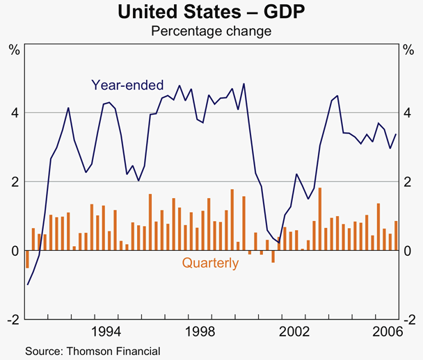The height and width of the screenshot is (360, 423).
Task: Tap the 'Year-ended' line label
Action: coord(127,85)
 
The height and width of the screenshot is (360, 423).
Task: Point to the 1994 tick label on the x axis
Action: coord(106,332)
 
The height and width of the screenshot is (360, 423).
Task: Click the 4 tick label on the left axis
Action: coord(14,113)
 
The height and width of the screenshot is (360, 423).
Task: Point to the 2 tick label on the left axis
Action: coord(14,181)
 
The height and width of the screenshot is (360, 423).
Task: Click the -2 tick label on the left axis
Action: coord(13,320)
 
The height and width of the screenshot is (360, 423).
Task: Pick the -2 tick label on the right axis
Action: coord(410,320)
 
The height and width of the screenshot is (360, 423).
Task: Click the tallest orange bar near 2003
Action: coord(319,219)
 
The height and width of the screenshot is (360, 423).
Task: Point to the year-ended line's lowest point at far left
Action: coord(28,284)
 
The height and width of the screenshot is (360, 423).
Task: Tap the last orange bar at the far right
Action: coord(396,236)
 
